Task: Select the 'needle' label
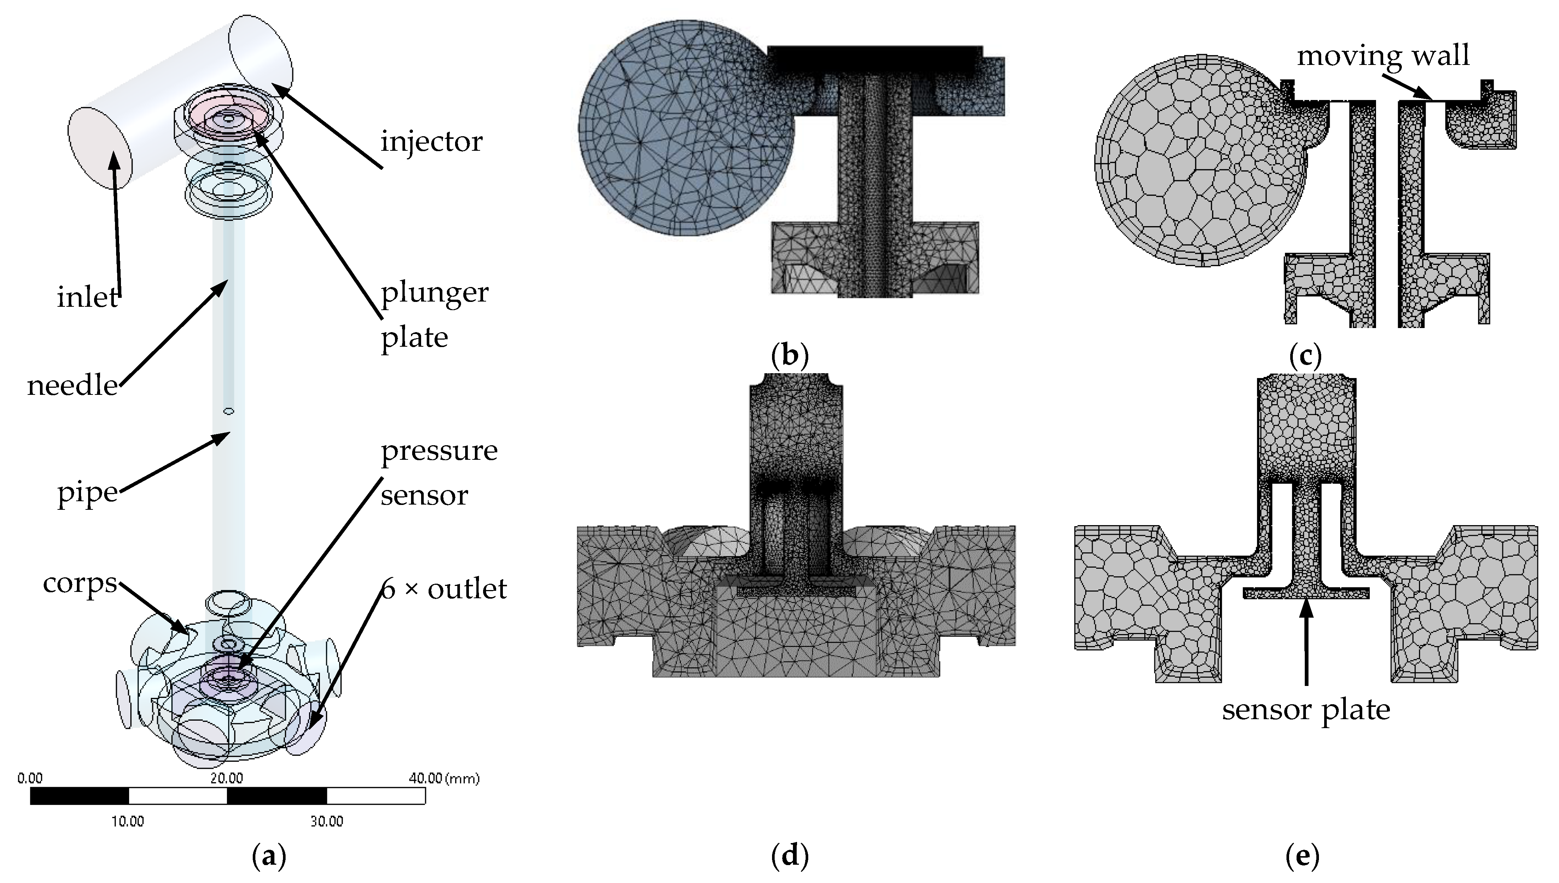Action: [x=72, y=386]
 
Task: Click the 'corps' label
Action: [x=80, y=583]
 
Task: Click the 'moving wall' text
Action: [x=1383, y=56]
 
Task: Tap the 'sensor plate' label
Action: [x=1306, y=709]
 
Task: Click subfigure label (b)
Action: [x=789, y=355]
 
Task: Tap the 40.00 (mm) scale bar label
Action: [x=444, y=779]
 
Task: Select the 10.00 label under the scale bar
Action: [x=127, y=822]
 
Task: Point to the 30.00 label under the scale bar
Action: [x=327, y=822]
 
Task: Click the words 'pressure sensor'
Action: [x=439, y=473]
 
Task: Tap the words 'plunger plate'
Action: [x=434, y=315]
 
